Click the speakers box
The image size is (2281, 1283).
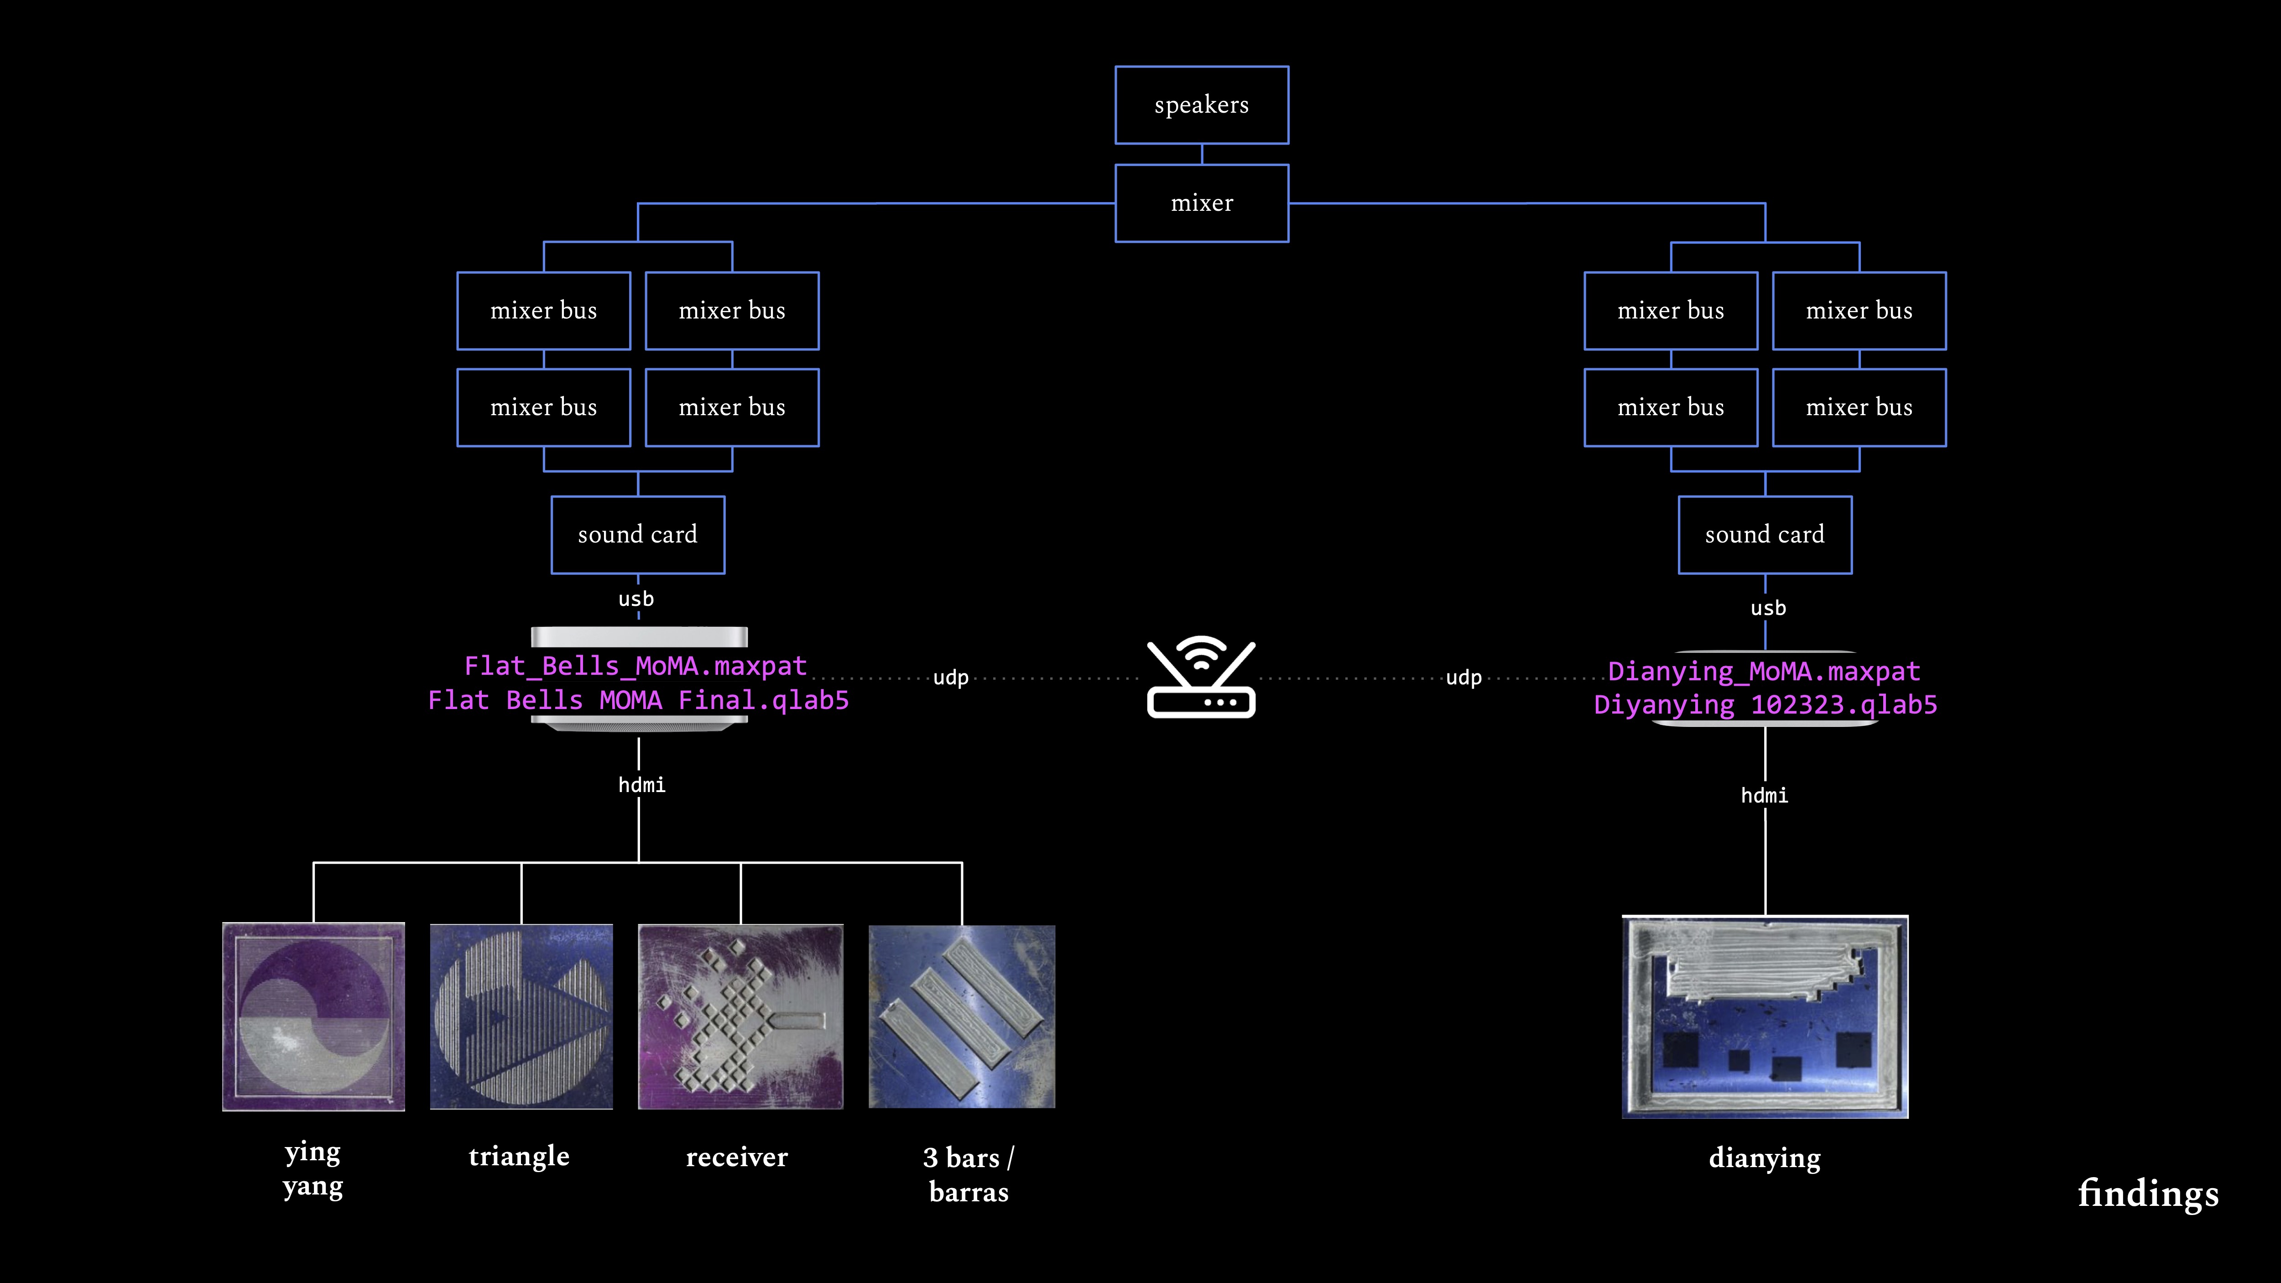click(x=1202, y=104)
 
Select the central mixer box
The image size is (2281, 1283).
click(x=1202, y=203)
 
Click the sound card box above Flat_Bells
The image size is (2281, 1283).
click(x=638, y=535)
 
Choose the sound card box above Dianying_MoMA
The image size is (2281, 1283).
click(x=1765, y=535)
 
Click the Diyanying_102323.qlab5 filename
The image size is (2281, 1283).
click(x=1765, y=705)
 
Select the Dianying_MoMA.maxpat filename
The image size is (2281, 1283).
click(x=1764, y=671)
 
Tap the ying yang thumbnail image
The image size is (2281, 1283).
click(x=313, y=1017)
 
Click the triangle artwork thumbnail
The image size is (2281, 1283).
click(x=521, y=1017)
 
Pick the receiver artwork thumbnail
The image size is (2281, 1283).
click(x=740, y=1017)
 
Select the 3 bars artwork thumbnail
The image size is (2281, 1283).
click(x=962, y=1017)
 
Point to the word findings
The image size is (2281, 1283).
click(x=2148, y=1194)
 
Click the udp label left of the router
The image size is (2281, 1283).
click(x=950, y=678)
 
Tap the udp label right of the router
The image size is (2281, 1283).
click(x=1463, y=678)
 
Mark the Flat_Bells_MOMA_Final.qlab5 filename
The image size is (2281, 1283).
click(x=638, y=700)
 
